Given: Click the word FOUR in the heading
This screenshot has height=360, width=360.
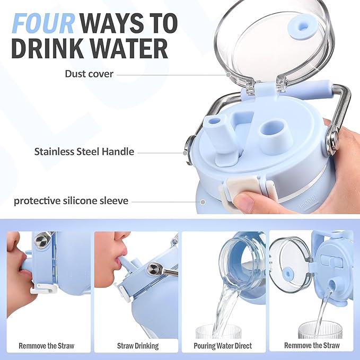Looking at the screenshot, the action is [x=43, y=23].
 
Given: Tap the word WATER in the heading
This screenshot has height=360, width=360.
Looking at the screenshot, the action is [x=129, y=49].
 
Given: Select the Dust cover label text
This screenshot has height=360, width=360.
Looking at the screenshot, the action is [x=89, y=74].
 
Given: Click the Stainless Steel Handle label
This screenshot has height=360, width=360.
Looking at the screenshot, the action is [x=84, y=152].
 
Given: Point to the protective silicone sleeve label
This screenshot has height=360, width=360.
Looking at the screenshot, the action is [x=71, y=201].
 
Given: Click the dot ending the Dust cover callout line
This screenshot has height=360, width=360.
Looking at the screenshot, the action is [x=228, y=75].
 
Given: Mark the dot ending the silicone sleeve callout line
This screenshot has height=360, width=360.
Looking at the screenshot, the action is [x=203, y=202].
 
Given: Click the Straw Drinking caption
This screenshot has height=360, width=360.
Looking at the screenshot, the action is [x=138, y=346].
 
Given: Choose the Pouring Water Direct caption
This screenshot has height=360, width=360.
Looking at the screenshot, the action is [x=223, y=346].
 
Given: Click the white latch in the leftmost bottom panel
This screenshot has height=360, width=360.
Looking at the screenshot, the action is [x=43, y=288].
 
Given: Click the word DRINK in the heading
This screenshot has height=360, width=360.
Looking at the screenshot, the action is [x=47, y=49].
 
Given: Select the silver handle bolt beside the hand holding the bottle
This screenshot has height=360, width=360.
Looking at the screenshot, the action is [x=332, y=139].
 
